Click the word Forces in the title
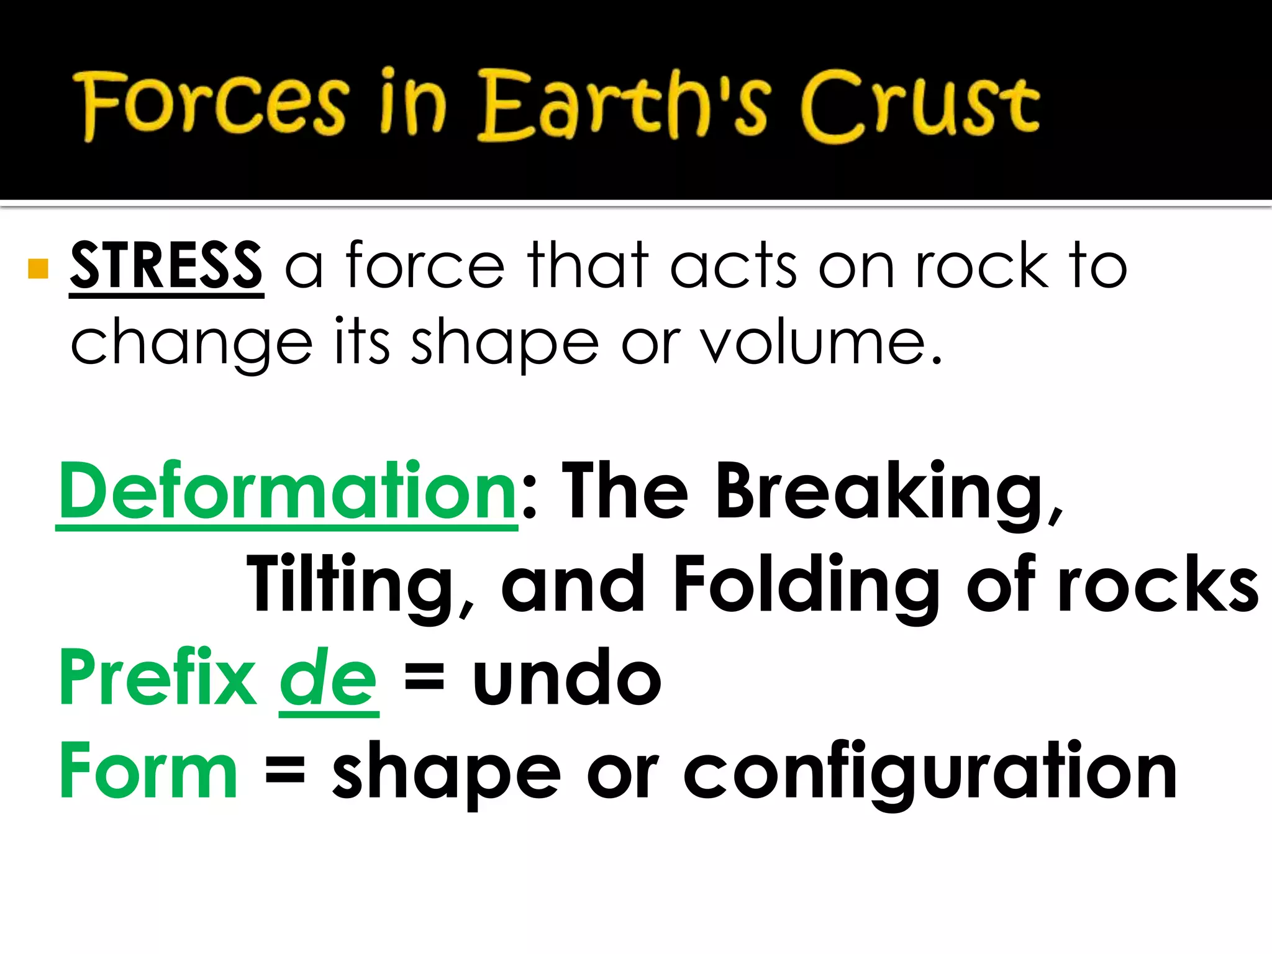[x=211, y=104]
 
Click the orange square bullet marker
[x=39, y=269]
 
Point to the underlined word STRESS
[x=166, y=266]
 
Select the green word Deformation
[x=287, y=492]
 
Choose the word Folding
[x=807, y=584]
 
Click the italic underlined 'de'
[x=329, y=678]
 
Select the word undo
[x=566, y=678]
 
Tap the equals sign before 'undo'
[x=424, y=678]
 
